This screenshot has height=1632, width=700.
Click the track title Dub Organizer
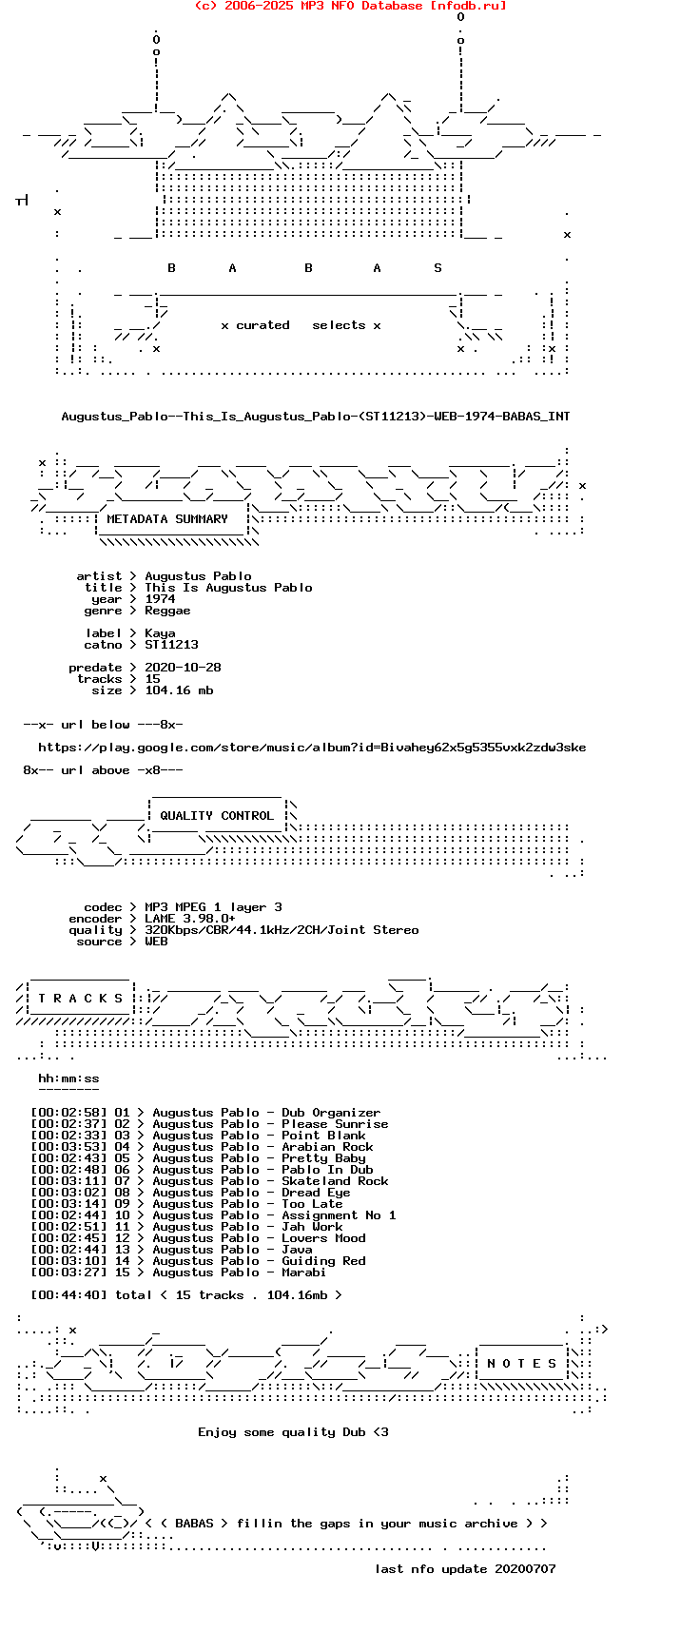(x=331, y=1113)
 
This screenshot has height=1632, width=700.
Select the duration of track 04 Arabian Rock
(x=68, y=1147)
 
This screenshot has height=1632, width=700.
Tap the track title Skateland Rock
(x=335, y=1181)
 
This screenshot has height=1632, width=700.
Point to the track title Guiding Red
(x=323, y=1261)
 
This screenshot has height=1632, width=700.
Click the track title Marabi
(x=304, y=1273)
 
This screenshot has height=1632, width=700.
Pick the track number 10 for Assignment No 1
(x=122, y=1215)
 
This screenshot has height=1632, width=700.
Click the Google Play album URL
(x=312, y=748)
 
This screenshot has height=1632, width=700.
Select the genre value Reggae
(x=167, y=611)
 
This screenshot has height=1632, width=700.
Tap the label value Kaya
(x=160, y=633)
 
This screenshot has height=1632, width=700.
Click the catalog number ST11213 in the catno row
(x=171, y=645)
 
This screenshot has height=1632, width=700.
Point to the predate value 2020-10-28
(x=183, y=668)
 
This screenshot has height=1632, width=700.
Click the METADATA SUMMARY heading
(x=167, y=519)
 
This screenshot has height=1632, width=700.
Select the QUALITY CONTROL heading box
(x=217, y=816)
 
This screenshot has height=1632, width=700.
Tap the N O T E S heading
(x=521, y=1364)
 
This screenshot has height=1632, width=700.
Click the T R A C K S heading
(x=81, y=999)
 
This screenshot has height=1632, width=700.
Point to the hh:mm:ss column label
(x=68, y=1078)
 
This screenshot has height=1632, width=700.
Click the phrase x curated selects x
(x=301, y=325)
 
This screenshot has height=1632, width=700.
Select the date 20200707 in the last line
(x=525, y=1569)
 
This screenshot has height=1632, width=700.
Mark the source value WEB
(x=156, y=942)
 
